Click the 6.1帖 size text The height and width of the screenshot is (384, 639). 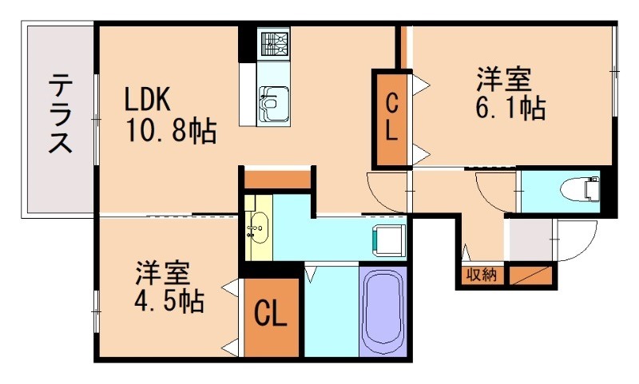pyautogui.click(x=510, y=109)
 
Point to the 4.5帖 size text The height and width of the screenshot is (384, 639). pyautogui.click(x=169, y=301)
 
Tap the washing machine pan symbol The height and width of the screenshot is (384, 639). pyautogui.click(x=390, y=239)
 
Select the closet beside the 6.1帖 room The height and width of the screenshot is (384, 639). pyautogui.click(x=391, y=118)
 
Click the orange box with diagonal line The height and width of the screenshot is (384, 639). pyautogui.click(x=530, y=275)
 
